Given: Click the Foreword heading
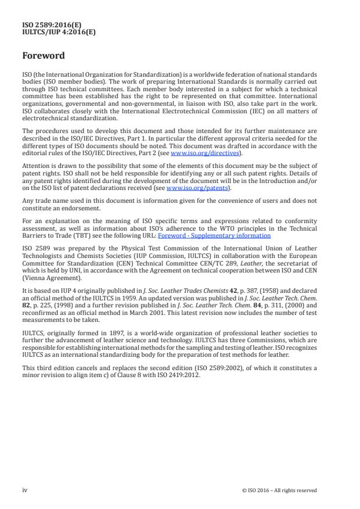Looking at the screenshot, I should (x=44, y=56).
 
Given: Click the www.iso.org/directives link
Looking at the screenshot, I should (x=199, y=153).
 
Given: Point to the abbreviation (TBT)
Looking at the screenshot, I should (x=93, y=235).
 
